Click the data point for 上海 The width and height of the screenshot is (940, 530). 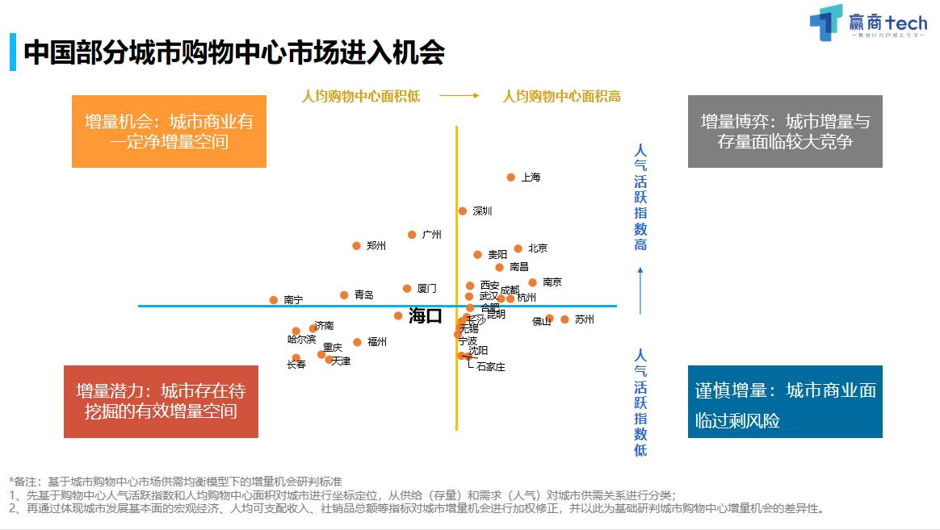click(x=511, y=177)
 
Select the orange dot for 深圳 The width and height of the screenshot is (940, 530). click(x=463, y=211)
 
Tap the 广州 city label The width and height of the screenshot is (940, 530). click(x=432, y=235)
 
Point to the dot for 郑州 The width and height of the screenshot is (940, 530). click(x=356, y=246)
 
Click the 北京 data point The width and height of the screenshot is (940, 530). click(x=518, y=248)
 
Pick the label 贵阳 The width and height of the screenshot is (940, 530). click(x=497, y=255)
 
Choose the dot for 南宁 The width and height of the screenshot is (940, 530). click(x=273, y=300)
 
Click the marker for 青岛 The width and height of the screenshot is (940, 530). click(x=344, y=295)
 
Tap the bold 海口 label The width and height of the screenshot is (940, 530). click(x=426, y=316)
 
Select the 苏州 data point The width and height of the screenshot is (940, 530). click(x=564, y=319)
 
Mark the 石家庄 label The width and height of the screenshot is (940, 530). click(x=491, y=367)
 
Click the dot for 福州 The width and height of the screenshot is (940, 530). click(x=357, y=342)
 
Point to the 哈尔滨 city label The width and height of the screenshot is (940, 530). click(x=302, y=340)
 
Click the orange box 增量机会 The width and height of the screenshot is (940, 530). click(x=169, y=131)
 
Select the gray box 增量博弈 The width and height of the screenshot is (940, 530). click(x=785, y=131)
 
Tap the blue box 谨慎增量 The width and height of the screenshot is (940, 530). click(x=785, y=402)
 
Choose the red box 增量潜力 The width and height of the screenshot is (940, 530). click(x=161, y=402)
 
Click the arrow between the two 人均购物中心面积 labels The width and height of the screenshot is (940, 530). click(x=460, y=96)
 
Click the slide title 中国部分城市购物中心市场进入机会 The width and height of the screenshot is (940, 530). click(x=234, y=53)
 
